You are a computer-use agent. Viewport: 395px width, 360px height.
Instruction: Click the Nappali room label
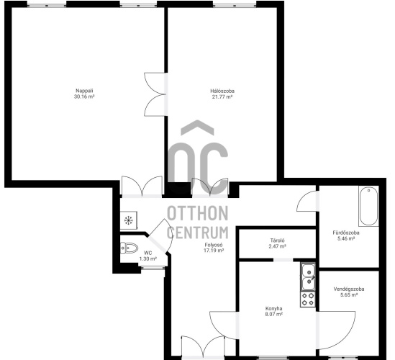point(84,91)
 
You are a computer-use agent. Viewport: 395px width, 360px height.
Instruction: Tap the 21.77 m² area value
point(222,96)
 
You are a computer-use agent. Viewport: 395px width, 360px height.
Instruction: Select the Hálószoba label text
point(222,91)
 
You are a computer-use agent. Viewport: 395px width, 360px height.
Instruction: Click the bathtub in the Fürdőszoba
point(368,206)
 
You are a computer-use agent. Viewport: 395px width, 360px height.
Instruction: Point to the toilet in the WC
point(129,248)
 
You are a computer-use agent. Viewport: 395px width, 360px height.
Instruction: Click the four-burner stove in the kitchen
point(308,300)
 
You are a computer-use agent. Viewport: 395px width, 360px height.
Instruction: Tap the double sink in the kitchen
point(308,276)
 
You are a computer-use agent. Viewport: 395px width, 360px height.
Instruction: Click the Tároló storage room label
point(277,240)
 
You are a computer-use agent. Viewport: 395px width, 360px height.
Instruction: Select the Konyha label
point(274,309)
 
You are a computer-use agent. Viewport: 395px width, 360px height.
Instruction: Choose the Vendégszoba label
point(349,289)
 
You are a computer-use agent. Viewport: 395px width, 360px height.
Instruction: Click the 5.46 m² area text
point(346,238)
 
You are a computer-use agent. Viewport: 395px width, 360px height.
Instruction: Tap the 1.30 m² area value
point(148,258)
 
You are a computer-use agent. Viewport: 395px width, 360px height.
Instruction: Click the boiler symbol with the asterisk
point(129,220)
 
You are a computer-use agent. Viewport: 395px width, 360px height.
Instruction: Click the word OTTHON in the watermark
point(198,213)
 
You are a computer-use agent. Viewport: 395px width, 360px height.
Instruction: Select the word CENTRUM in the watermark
point(198,233)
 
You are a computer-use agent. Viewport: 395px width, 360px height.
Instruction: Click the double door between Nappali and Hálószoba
point(155,94)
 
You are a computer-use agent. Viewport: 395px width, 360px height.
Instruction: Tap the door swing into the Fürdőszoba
point(307,201)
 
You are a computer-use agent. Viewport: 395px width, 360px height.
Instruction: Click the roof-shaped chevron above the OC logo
point(197,127)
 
